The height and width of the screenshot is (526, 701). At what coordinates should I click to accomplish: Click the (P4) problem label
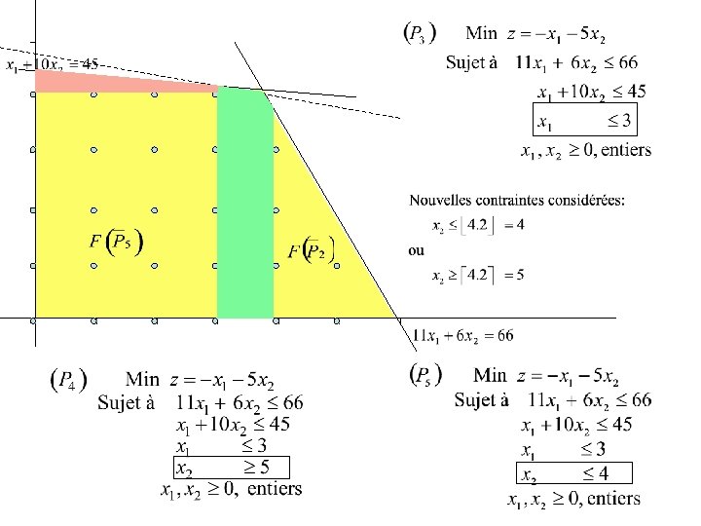(x=69, y=380)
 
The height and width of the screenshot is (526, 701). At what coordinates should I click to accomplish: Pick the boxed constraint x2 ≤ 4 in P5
(x=573, y=474)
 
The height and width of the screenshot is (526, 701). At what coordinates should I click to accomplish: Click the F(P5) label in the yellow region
(x=118, y=242)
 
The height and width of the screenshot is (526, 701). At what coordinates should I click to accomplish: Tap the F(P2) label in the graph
(x=312, y=250)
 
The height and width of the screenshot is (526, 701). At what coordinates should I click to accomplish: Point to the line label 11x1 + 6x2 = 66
(x=463, y=336)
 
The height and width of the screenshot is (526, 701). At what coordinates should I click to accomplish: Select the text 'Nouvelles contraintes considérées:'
(x=517, y=201)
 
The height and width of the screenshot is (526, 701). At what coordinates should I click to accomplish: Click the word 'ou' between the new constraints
(x=416, y=250)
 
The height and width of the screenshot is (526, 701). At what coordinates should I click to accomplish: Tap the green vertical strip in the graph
(x=244, y=205)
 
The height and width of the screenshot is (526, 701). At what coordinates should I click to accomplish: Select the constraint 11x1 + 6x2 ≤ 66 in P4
(x=240, y=402)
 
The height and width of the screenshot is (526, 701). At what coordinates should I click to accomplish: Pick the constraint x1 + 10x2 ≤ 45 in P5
(x=576, y=425)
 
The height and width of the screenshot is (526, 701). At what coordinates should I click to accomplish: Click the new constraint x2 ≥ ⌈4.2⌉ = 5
(x=478, y=275)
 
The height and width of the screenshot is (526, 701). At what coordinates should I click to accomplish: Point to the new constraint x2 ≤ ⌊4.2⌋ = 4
(x=478, y=225)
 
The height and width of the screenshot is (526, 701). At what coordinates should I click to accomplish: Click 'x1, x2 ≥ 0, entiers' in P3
(x=586, y=150)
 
